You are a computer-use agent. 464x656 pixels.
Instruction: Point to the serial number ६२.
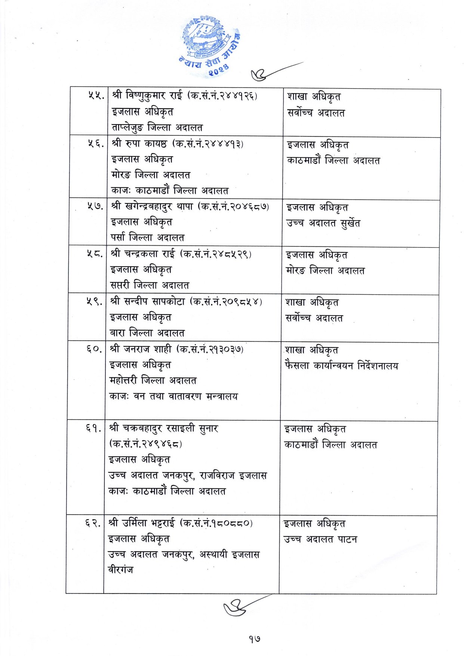tap(92, 523)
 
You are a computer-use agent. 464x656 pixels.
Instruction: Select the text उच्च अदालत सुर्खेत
tap(323, 223)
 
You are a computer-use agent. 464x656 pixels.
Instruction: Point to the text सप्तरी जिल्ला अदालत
tap(150, 285)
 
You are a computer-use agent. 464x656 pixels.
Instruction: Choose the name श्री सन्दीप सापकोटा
tap(147, 301)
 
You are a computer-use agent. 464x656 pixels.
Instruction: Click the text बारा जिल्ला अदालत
tap(147, 332)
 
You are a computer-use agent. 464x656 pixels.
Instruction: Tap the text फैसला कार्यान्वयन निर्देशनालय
tap(341, 365)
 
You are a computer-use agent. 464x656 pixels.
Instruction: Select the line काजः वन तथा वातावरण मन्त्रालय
tap(173, 396)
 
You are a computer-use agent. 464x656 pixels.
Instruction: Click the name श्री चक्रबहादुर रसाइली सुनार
tap(163, 428)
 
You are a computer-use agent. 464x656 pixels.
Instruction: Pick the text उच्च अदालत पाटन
tap(320, 539)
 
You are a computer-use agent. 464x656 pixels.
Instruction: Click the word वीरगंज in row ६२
tap(120, 570)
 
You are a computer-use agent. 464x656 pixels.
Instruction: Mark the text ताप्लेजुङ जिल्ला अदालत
tap(157, 128)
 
